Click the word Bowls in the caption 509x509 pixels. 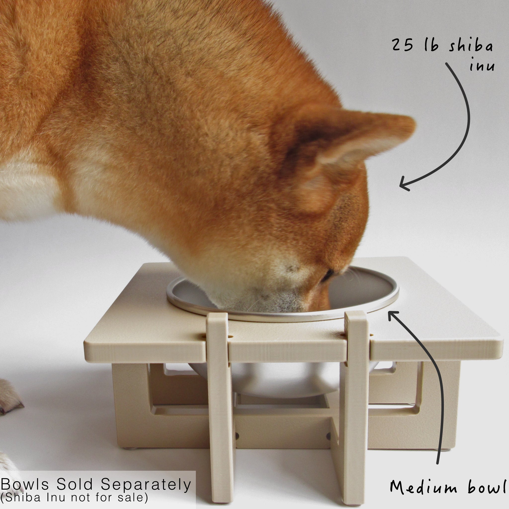[25, 484]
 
